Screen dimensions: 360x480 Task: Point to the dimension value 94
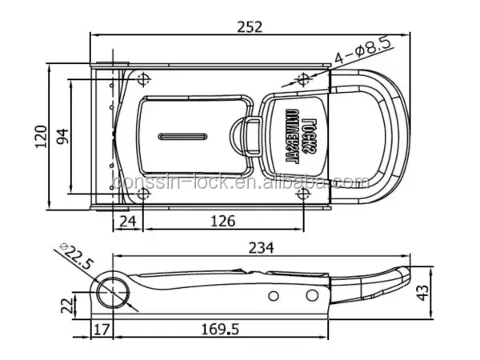pos(61,136)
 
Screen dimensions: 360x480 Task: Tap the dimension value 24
pos(127,222)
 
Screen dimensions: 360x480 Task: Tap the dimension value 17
pos(102,329)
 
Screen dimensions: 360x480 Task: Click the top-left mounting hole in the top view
pos(143,78)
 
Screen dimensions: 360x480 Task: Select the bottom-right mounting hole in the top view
pos(302,195)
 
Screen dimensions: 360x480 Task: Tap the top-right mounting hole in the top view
pos(302,78)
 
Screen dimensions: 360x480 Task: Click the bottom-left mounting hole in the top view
pos(143,195)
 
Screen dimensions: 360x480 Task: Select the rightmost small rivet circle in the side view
pos(311,297)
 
